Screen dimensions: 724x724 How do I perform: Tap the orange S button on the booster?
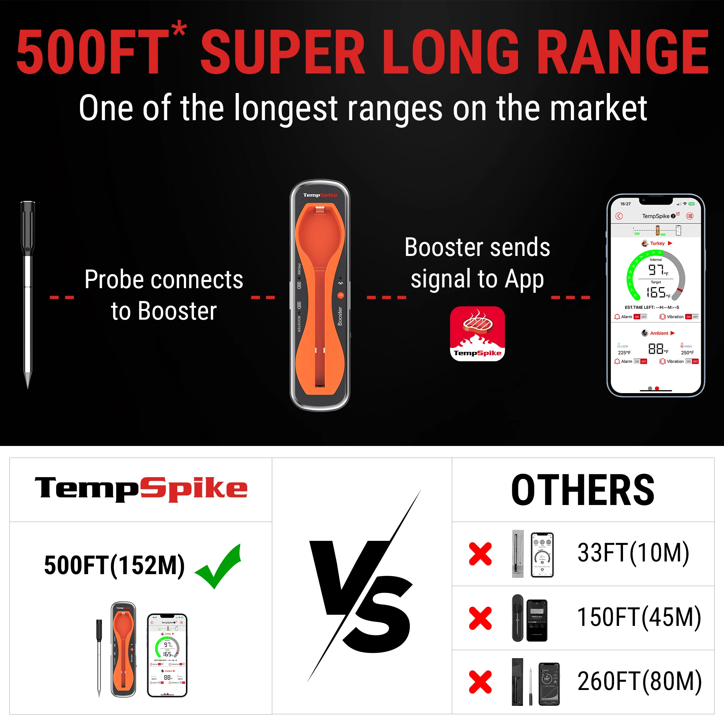coord(340,295)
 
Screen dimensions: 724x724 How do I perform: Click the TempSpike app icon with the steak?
coord(477,333)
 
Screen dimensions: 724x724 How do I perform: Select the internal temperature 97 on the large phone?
coord(656,269)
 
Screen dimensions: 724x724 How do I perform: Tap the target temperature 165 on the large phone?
coord(656,292)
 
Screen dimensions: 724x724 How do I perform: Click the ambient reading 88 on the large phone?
coord(656,349)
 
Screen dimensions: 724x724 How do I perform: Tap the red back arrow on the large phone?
coord(619,216)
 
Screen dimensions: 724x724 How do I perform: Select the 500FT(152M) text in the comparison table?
coord(114,565)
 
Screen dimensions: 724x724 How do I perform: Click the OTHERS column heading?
coord(583,490)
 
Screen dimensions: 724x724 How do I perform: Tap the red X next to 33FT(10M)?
coord(480,553)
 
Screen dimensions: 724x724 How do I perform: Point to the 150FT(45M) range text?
coord(639,617)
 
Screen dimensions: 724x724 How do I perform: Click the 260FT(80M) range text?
coord(639,681)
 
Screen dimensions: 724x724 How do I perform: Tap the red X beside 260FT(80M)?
coord(480,682)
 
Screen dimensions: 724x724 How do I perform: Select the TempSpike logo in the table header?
coord(141,489)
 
